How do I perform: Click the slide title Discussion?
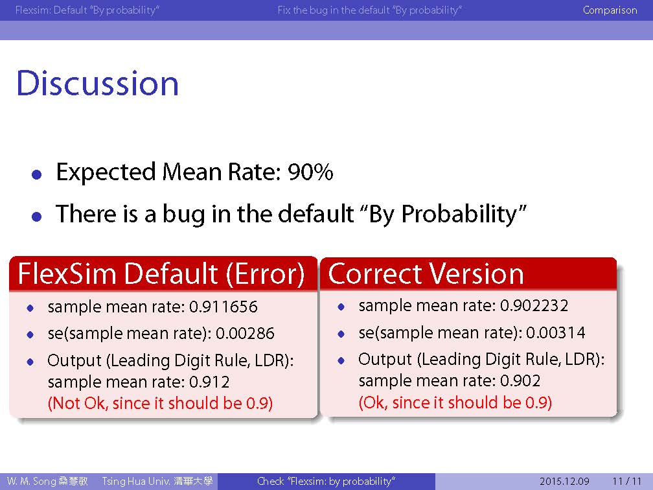tap(97, 84)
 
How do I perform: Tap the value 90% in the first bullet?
tap(310, 172)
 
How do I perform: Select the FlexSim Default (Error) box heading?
tap(161, 274)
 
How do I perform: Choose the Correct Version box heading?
tap(426, 274)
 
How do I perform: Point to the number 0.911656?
tap(223, 307)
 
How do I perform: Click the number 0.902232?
tap(534, 306)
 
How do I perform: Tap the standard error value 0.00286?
tap(245, 333)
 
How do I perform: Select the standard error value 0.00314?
tap(556, 332)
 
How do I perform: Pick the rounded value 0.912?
tap(209, 382)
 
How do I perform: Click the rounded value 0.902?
tap(520, 381)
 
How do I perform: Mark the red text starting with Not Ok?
tap(161, 403)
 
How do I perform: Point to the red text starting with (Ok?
tap(455, 402)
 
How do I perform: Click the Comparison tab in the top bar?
tap(610, 10)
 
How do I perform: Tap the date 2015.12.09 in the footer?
tap(564, 481)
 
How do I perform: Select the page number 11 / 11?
tap(627, 481)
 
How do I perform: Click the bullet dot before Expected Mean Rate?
tap(37, 174)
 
